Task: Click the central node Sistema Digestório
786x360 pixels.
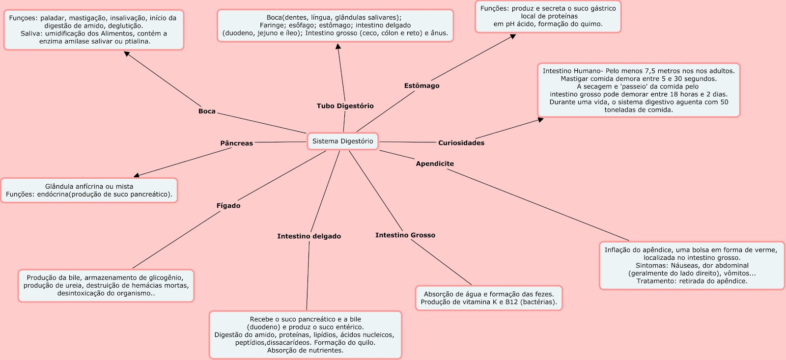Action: click(343, 141)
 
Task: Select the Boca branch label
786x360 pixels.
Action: click(207, 111)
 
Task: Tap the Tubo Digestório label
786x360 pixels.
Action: click(345, 106)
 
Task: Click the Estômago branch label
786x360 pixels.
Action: click(421, 86)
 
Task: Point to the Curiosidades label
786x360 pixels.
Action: click(461, 143)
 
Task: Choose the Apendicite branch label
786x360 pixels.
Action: click(435, 164)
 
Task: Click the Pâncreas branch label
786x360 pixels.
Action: click(236, 143)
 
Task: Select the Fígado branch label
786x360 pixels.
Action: click(228, 206)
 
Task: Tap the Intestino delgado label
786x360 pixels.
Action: click(309, 236)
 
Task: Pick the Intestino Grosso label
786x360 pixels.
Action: click(405, 235)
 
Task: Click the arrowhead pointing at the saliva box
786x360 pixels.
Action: click(127, 54)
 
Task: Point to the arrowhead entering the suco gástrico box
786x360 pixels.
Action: click(513, 36)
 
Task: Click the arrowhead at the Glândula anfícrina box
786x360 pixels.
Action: click(137, 175)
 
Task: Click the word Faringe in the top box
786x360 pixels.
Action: click(272, 26)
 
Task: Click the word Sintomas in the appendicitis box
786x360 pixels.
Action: click(651, 266)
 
